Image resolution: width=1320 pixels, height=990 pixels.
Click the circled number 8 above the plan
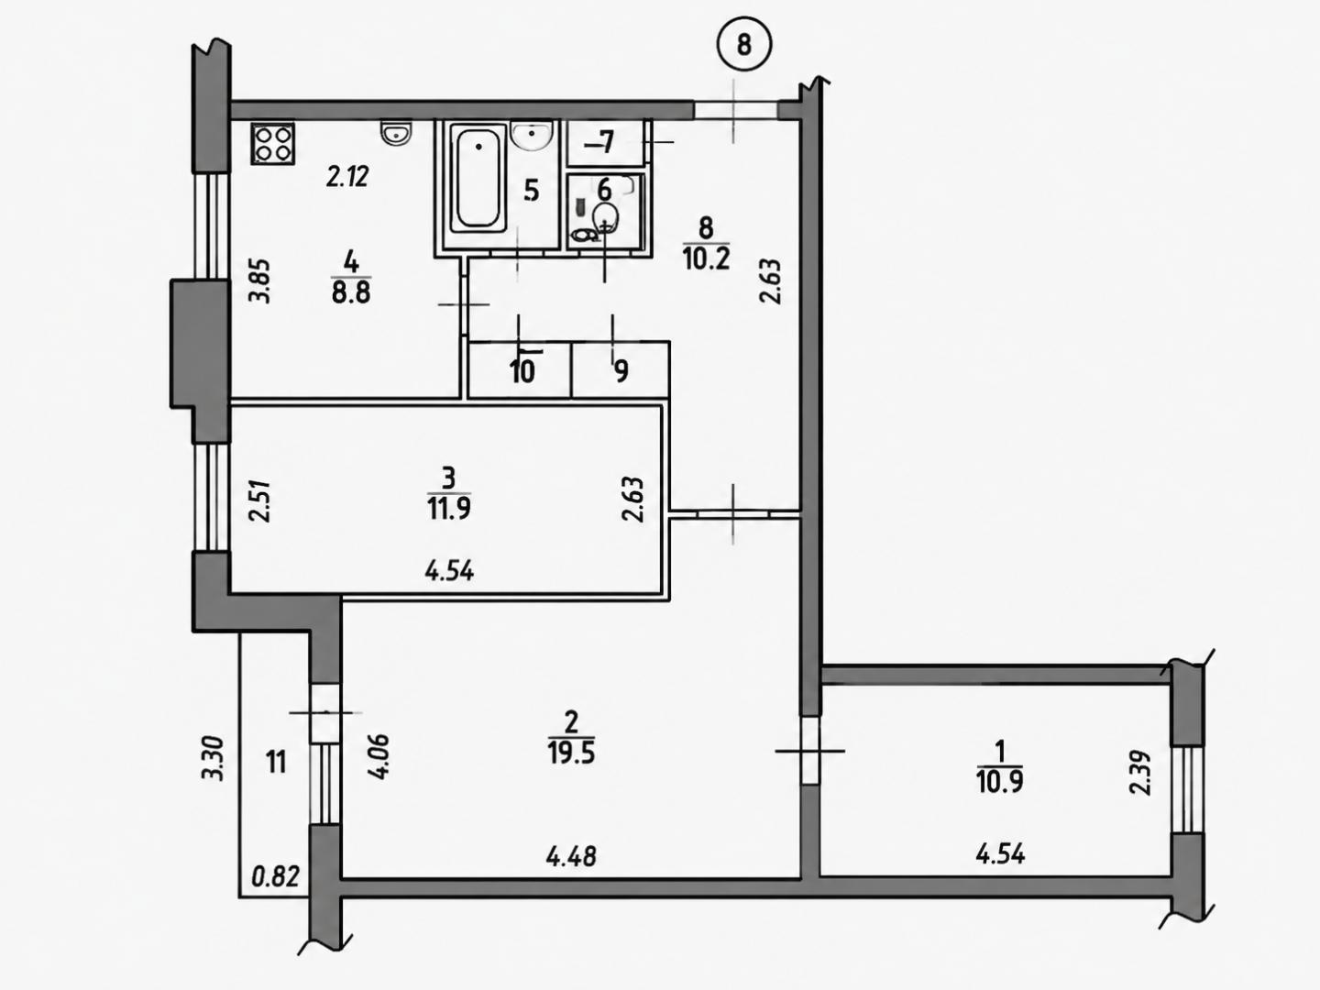(x=744, y=45)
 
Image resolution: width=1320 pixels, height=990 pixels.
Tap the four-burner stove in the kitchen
(x=272, y=143)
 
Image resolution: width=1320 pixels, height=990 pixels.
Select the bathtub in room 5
(x=478, y=177)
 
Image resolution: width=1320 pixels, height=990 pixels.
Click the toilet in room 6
(x=605, y=217)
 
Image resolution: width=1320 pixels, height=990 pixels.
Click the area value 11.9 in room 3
(x=448, y=509)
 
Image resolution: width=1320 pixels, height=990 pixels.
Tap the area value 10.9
(x=1000, y=782)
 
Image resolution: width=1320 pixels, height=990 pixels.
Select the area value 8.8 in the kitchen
(x=351, y=293)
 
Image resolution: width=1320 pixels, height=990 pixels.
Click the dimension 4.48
(x=571, y=856)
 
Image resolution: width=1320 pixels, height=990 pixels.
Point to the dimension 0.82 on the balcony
(x=275, y=877)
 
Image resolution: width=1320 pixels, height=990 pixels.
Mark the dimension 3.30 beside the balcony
(x=214, y=759)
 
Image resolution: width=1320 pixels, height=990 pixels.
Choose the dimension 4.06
(x=380, y=757)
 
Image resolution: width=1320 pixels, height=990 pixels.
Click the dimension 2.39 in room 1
(x=1140, y=773)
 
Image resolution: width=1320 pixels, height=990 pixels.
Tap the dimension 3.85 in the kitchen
(x=261, y=280)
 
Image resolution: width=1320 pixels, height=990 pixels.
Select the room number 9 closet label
(x=621, y=371)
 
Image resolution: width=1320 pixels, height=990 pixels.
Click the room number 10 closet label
(x=522, y=372)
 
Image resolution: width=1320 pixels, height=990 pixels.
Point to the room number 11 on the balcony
(x=276, y=763)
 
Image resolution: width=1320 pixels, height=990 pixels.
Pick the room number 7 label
(x=606, y=142)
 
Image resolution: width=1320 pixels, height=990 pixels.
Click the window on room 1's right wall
(x=1189, y=789)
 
